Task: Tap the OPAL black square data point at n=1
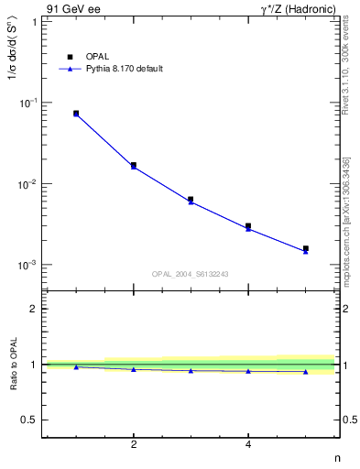76,114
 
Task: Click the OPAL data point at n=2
134,165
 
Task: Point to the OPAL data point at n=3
191,199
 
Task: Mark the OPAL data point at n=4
248,225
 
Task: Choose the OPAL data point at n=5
306,248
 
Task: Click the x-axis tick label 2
134,445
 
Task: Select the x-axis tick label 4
248,445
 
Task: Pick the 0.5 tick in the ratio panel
29,420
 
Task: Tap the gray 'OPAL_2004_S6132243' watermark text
191,274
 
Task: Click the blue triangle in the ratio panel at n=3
191,371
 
